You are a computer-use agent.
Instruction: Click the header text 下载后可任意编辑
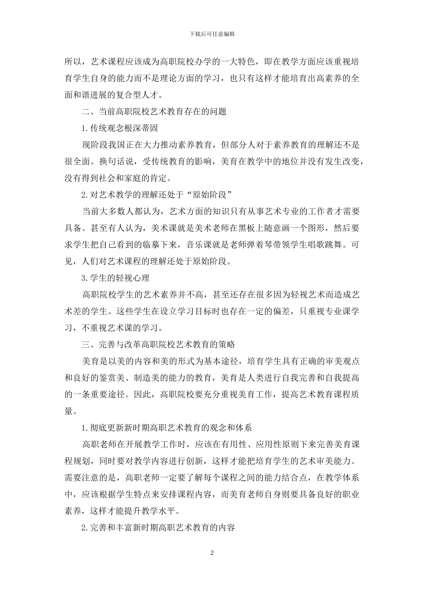tap(212, 34)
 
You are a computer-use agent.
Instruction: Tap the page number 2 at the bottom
tap(212, 553)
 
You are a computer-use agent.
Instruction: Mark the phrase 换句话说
tap(117, 162)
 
